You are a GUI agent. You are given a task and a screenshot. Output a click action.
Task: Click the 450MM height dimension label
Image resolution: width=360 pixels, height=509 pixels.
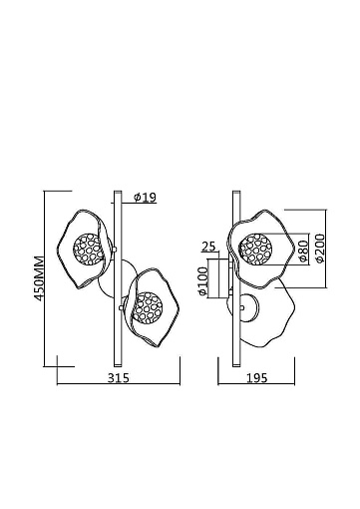(x=40, y=278)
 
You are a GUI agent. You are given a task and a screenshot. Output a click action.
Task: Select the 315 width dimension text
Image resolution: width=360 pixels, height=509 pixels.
(x=119, y=378)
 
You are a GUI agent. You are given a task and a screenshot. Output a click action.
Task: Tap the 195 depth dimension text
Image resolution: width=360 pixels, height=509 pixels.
(x=256, y=378)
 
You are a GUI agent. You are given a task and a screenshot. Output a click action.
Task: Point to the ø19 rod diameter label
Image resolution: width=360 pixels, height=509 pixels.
(x=145, y=198)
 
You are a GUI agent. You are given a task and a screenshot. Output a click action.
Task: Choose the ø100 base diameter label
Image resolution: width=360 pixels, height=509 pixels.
(x=202, y=281)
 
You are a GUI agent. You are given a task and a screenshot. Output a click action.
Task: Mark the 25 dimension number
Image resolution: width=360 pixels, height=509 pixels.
(x=208, y=247)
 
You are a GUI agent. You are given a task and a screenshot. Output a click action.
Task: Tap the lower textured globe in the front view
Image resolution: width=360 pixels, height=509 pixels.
(x=147, y=307)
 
